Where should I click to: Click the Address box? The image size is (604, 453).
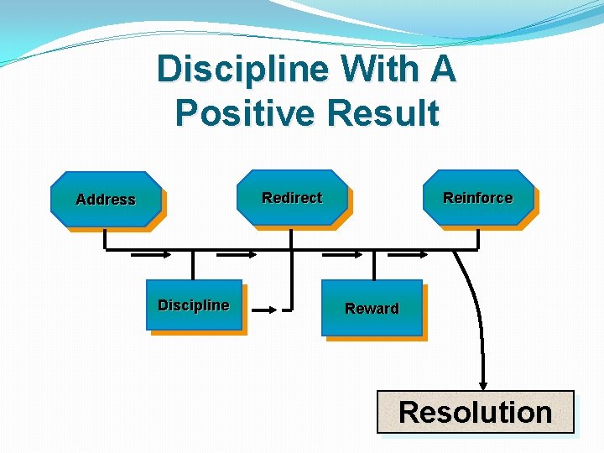click(x=106, y=199)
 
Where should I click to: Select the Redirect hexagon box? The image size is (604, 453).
click(x=292, y=198)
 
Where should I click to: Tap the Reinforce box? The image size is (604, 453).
click(x=478, y=198)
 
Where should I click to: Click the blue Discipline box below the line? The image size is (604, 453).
click(x=194, y=305)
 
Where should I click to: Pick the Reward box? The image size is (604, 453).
click(x=372, y=308)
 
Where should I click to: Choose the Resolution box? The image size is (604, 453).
click(x=475, y=412)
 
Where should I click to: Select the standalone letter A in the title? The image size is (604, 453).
click(x=441, y=69)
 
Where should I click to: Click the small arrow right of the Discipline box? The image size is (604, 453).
click(x=264, y=310)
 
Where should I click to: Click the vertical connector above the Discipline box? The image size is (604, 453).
click(x=193, y=264)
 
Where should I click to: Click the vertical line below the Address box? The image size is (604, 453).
click(x=106, y=239)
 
